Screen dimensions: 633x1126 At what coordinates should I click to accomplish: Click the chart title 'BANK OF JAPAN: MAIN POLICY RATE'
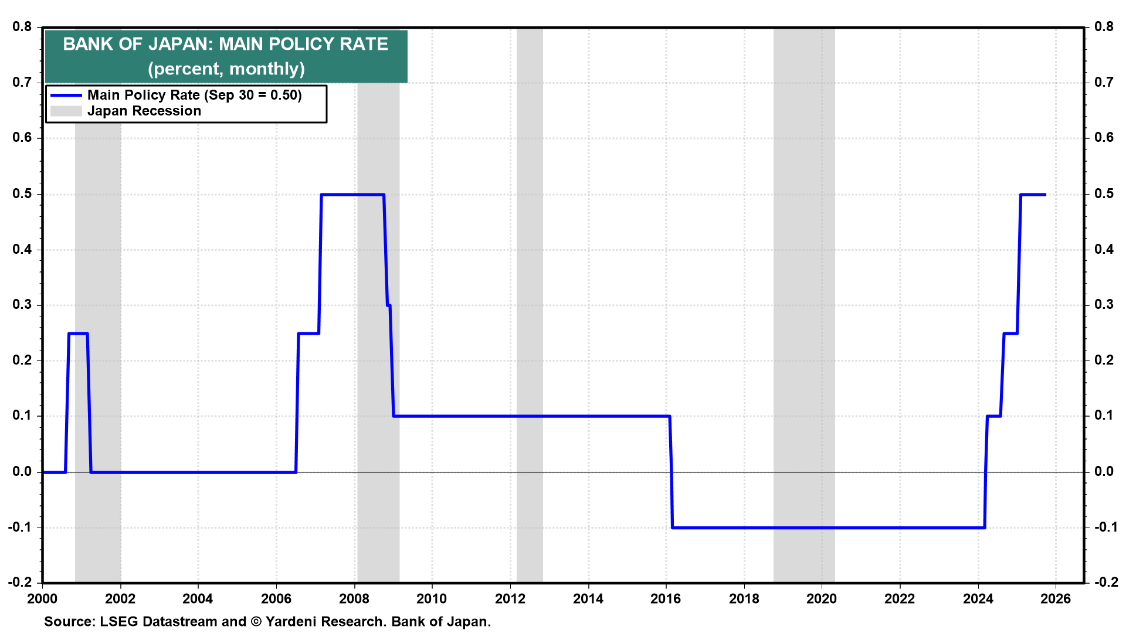[x=226, y=45]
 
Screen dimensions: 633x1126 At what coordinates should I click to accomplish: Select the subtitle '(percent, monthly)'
[x=226, y=69]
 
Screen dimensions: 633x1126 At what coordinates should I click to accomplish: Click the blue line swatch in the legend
[x=66, y=95]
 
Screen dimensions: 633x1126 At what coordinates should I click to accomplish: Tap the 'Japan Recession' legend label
[x=144, y=111]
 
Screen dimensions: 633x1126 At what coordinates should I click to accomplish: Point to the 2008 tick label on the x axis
[x=354, y=599]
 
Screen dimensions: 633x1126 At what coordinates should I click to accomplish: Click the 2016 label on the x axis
[x=666, y=599]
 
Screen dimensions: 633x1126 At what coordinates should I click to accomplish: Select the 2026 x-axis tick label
[x=1056, y=599]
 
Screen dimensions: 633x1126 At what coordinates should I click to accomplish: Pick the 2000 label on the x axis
[x=42, y=599]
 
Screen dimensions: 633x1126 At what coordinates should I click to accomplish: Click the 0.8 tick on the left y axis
[x=22, y=27]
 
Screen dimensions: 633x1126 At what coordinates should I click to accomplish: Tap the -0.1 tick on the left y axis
[x=20, y=527]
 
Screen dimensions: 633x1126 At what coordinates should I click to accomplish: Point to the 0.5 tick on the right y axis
[x=1104, y=194]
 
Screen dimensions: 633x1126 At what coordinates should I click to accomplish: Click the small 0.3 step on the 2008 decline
[x=389, y=305]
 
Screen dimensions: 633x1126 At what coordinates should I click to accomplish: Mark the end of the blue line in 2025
[x=1045, y=195]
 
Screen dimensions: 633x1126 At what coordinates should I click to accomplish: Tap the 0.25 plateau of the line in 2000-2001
[x=78, y=333]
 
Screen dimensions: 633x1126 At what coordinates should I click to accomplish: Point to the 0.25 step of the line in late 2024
[x=1010, y=333]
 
